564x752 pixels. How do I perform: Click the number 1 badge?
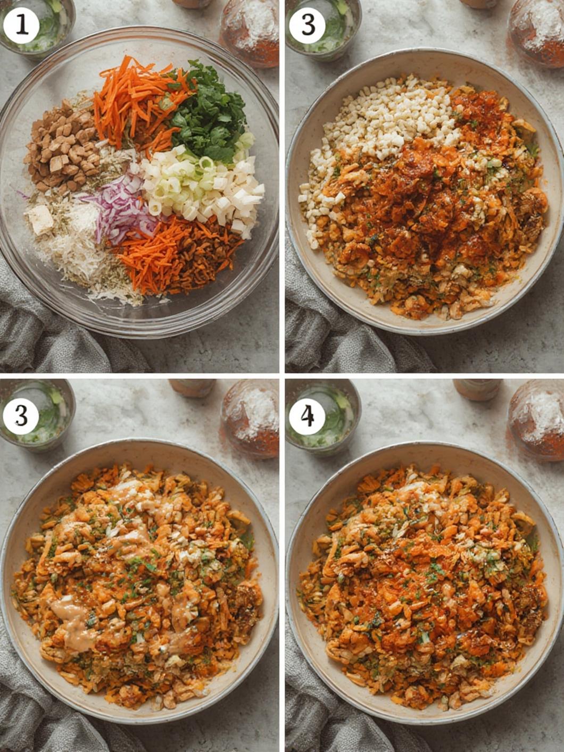[x=21, y=26]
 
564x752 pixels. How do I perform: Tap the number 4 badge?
[x=306, y=416]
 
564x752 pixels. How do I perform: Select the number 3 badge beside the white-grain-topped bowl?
[x=306, y=26]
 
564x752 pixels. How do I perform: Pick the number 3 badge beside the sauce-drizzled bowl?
[x=21, y=416]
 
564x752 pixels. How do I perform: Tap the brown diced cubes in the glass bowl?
[x=62, y=147]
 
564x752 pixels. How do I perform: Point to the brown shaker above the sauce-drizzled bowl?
[x=192, y=388]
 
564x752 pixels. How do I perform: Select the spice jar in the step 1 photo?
[x=250, y=32]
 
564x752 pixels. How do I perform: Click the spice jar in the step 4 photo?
[x=536, y=420]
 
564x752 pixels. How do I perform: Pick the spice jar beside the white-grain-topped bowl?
[x=536, y=32]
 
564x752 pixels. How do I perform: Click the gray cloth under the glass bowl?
[x=52, y=329]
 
